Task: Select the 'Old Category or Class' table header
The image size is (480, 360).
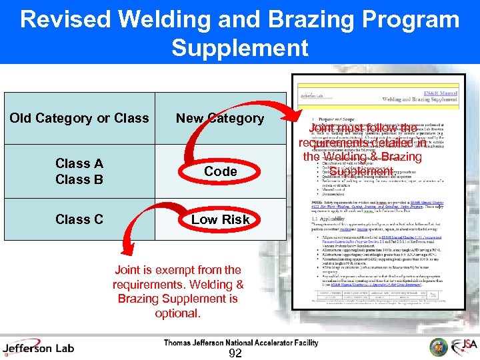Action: pyautogui.click(x=79, y=119)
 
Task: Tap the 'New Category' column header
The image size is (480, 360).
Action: pyautogui.click(x=220, y=119)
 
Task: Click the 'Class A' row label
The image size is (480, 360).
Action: pyautogui.click(x=79, y=163)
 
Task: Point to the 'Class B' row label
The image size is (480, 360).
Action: pyautogui.click(x=79, y=179)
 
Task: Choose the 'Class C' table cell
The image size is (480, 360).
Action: pyautogui.click(x=79, y=219)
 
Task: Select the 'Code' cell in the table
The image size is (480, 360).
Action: pyautogui.click(x=221, y=171)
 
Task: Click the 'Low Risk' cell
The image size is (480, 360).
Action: pyautogui.click(x=221, y=219)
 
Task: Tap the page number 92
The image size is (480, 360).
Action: pyautogui.click(x=235, y=353)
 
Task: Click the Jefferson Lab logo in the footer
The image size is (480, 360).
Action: pyautogui.click(x=38, y=347)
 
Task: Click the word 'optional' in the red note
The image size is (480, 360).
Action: pyautogui.click(x=177, y=313)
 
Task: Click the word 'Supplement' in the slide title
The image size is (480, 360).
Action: pyautogui.click(x=240, y=48)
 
